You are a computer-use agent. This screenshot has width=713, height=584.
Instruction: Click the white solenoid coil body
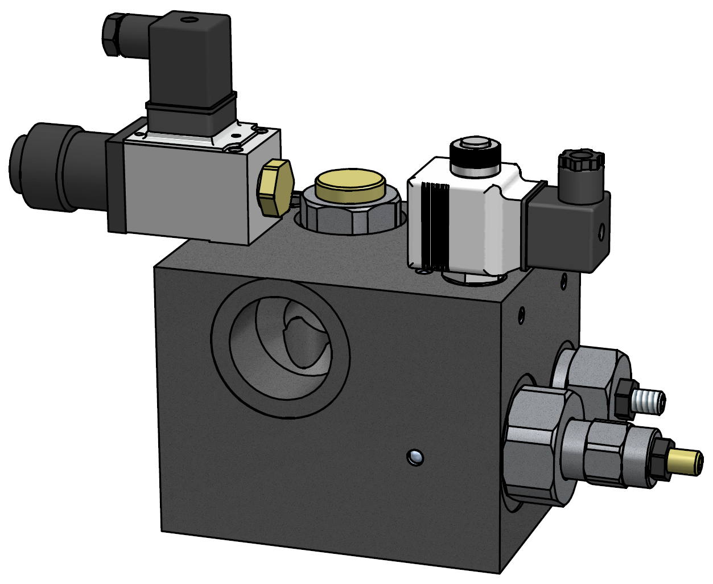472,222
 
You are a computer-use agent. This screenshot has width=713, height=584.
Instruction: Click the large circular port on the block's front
280,348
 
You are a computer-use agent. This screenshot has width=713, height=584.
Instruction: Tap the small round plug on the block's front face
415,456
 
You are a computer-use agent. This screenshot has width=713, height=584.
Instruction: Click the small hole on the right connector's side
601,231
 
